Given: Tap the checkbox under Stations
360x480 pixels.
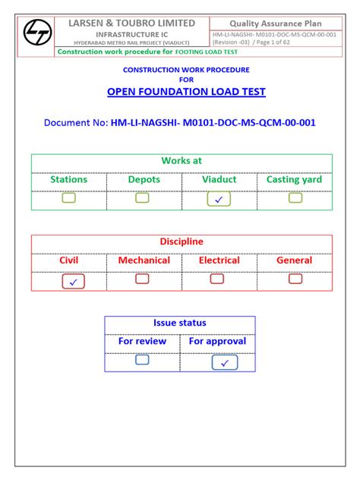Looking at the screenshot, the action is point(69,198).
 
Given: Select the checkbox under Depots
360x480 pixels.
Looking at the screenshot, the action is point(142,198).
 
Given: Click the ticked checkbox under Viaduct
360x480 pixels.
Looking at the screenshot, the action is point(219,199).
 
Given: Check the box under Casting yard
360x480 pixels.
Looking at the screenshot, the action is point(295,198).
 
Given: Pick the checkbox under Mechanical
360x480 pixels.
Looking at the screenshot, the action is point(142,279).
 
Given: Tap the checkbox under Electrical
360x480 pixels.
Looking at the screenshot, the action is point(217,279).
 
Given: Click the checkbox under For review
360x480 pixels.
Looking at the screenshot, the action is point(142,360).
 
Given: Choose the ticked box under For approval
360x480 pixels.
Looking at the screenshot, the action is point(224,362).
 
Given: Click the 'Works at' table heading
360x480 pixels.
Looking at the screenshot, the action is point(181,161).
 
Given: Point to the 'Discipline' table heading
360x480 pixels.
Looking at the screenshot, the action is point(181,242).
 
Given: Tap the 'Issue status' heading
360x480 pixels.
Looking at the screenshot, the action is point(180,322).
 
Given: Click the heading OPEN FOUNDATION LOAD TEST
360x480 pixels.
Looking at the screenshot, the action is point(186,92).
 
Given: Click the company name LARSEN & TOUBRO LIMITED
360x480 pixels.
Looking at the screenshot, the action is point(132,23).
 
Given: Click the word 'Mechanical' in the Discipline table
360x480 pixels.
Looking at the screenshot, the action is point(144,261).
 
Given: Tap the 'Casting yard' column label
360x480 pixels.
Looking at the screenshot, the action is point(294,180).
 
